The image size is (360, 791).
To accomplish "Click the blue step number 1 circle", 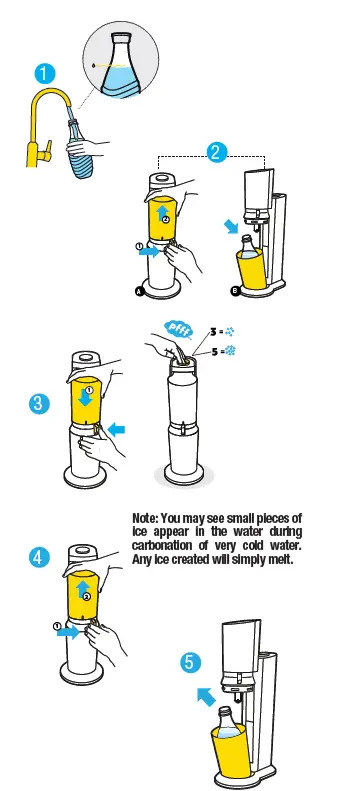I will click(44, 73).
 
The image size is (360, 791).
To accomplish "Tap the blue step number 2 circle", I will click(215, 152).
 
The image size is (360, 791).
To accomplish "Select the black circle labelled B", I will click(234, 291).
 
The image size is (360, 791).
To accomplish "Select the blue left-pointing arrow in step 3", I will click(118, 430).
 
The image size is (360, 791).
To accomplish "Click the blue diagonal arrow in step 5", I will click(206, 696).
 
